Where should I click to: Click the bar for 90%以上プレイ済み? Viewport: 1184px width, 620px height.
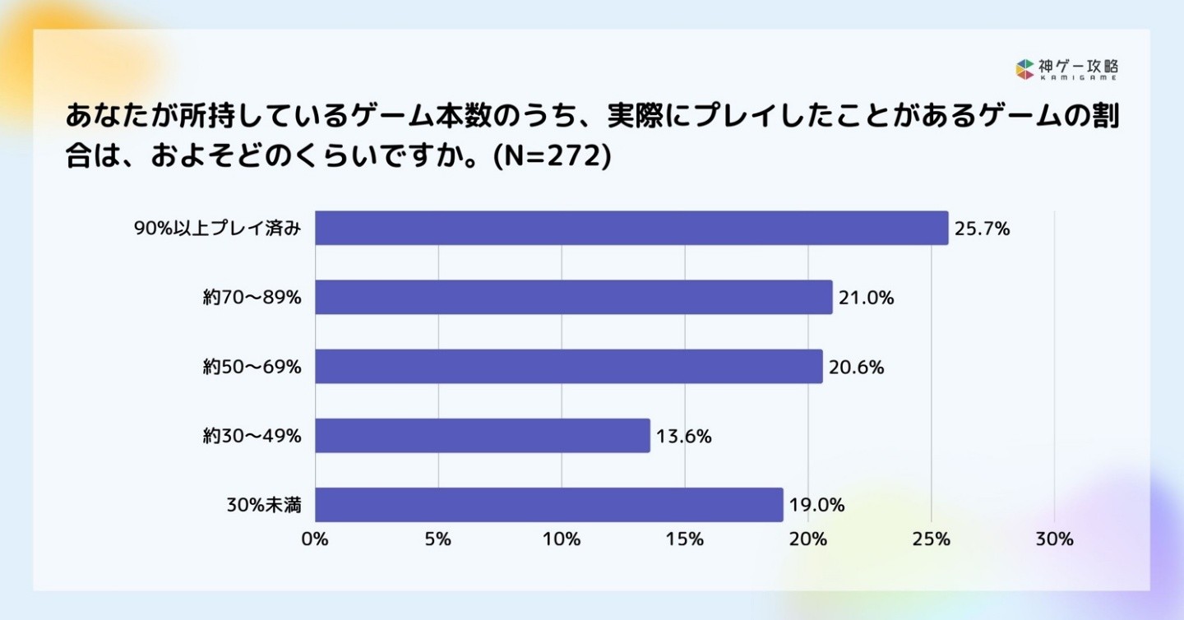(x=631, y=228)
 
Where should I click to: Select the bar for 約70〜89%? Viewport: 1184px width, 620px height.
(x=574, y=297)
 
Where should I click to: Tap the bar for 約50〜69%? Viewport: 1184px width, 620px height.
(x=569, y=366)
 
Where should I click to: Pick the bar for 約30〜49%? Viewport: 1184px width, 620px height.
(x=483, y=435)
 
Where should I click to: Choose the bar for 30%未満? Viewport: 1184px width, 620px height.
(x=549, y=504)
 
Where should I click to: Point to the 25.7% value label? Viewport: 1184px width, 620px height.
(x=982, y=229)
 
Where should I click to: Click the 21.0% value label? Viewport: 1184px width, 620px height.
(x=867, y=298)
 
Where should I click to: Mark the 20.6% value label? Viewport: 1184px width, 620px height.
(x=857, y=368)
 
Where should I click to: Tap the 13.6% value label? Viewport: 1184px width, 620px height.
(x=684, y=437)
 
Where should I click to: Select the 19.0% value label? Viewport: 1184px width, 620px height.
(x=817, y=506)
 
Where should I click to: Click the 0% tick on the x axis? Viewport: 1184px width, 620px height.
(x=315, y=539)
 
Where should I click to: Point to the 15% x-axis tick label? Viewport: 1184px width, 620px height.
(x=685, y=539)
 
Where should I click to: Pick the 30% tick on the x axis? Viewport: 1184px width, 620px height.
(x=1054, y=539)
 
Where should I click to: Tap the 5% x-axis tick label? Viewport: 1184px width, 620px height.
(x=438, y=539)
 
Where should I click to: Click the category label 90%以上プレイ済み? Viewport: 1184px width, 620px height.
(x=217, y=229)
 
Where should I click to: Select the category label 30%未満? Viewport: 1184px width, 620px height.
(x=264, y=506)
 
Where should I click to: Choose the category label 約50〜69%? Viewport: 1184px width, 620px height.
(x=252, y=368)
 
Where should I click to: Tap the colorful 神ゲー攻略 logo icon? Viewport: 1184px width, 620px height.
(x=1024, y=69)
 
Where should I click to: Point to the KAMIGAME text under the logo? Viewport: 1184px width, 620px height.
(x=1077, y=77)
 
